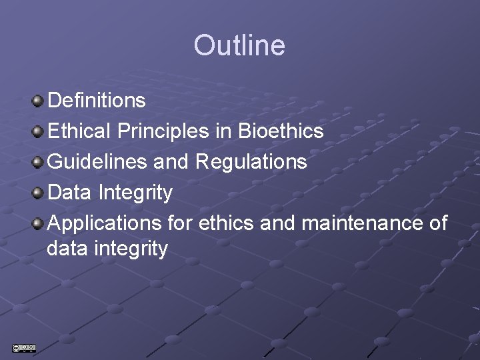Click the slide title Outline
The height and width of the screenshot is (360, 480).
239,45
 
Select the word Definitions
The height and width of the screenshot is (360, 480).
97,101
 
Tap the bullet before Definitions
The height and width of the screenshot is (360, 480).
38,101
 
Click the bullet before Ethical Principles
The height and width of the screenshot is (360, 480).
38,132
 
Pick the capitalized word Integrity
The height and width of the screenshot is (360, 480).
135,193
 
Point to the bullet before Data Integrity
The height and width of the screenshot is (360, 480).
38,193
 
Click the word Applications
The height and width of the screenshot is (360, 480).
105,223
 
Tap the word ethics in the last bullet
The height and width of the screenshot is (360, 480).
226,223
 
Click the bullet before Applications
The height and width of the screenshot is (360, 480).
38,223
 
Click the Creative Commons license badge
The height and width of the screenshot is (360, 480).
23,347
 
